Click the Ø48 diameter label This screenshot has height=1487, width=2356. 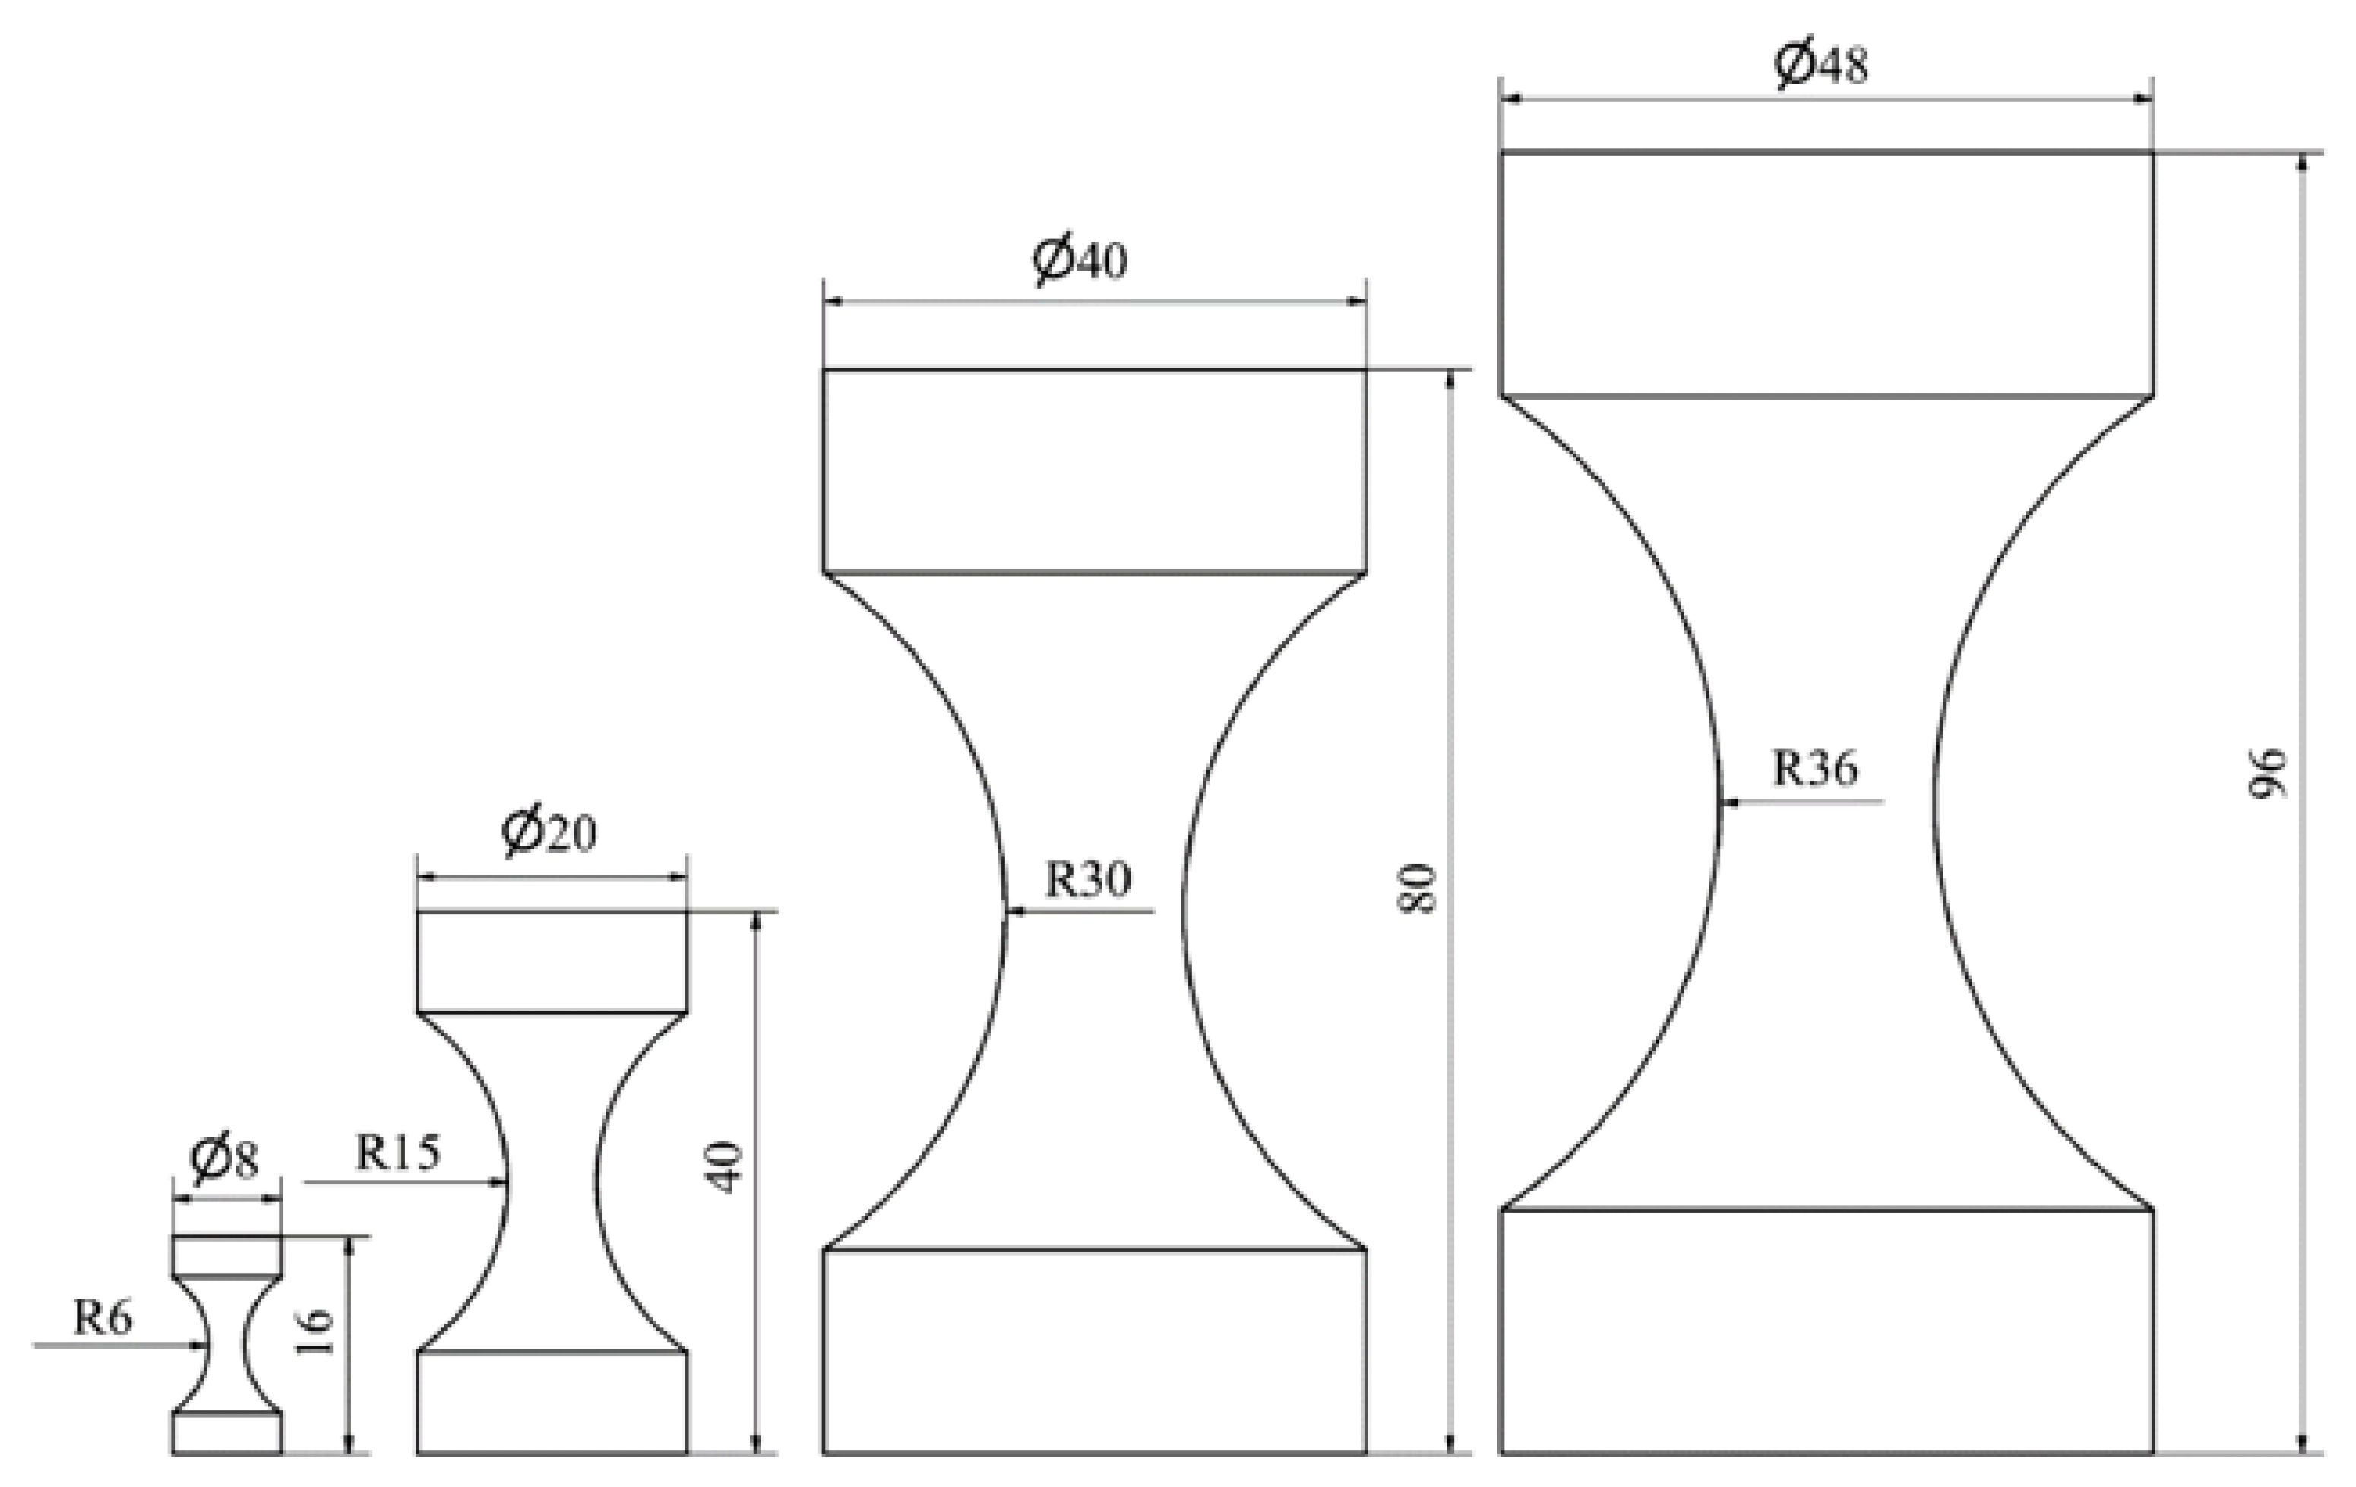1821,65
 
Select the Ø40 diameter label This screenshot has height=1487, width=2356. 1080,259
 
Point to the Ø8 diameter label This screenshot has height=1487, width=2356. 225,1160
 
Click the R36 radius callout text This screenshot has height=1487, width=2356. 1815,768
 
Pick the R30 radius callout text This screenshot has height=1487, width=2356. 1088,878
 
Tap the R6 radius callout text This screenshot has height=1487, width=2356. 103,1319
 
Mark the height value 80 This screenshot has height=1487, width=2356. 1418,888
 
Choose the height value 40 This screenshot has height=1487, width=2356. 726,1168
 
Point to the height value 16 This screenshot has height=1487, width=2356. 315,1333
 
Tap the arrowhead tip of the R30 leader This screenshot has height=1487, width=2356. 1007,912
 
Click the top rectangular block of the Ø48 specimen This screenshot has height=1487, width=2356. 1826,274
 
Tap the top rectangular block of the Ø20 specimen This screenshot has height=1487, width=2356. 552,962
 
